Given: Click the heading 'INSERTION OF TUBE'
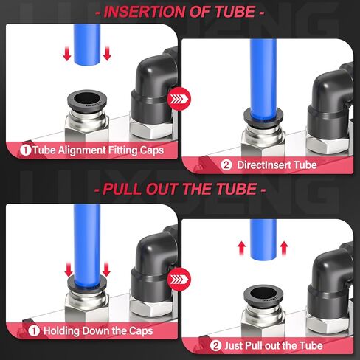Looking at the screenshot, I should [180, 13].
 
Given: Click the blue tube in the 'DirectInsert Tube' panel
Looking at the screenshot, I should [262, 74].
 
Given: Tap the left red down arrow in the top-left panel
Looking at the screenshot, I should [67, 54].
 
